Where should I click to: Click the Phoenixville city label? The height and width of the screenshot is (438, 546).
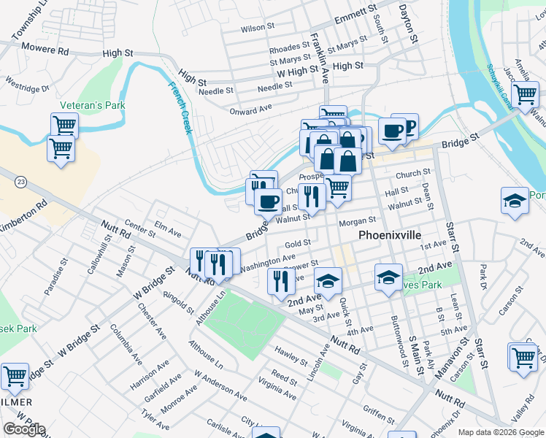[x=390, y=236]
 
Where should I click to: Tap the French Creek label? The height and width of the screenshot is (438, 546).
[x=180, y=107]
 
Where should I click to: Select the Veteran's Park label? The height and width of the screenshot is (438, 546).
[x=93, y=105]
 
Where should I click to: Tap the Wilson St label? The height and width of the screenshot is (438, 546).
[x=257, y=29]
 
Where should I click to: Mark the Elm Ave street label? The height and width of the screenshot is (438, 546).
[x=168, y=229]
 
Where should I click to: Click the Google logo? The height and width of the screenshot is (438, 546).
[x=24, y=429]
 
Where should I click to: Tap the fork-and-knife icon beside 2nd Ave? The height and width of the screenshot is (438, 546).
[x=281, y=280]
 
